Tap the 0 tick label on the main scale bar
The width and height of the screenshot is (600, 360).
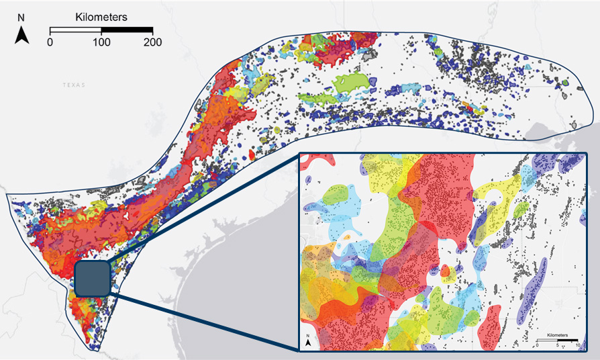pyautogui.click(x=50, y=42)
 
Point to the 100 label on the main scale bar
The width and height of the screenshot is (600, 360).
pyautogui.click(x=101, y=42)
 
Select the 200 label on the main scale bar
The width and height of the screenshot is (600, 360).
pyautogui.click(x=152, y=42)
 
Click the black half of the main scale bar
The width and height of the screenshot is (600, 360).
pyautogui.click(x=127, y=30)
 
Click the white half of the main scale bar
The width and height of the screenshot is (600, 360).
pyautogui.click(x=76, y=30)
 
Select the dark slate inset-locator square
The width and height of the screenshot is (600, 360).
pyautogui.click(x=92, y=278)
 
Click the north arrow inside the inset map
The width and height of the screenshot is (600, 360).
pyautogui.click(x=307, y=341)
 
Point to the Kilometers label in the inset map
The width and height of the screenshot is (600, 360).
pyautogui.click(x=558, y=334)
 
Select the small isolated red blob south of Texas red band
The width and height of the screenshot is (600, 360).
pyautogui.click(x=251, y=154)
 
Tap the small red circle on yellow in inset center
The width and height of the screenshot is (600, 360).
pyautogui.click(x=444, y=271)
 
